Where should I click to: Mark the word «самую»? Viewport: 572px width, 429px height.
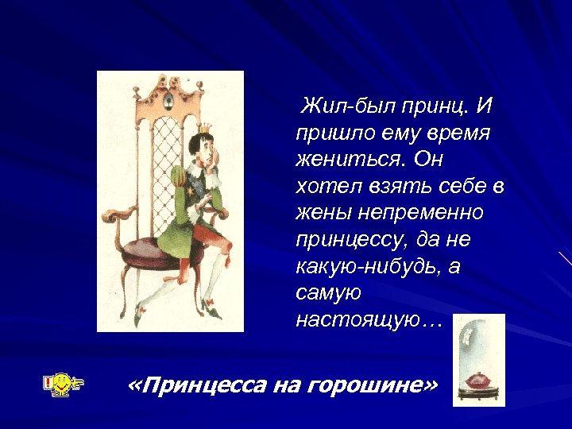point(327,293)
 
